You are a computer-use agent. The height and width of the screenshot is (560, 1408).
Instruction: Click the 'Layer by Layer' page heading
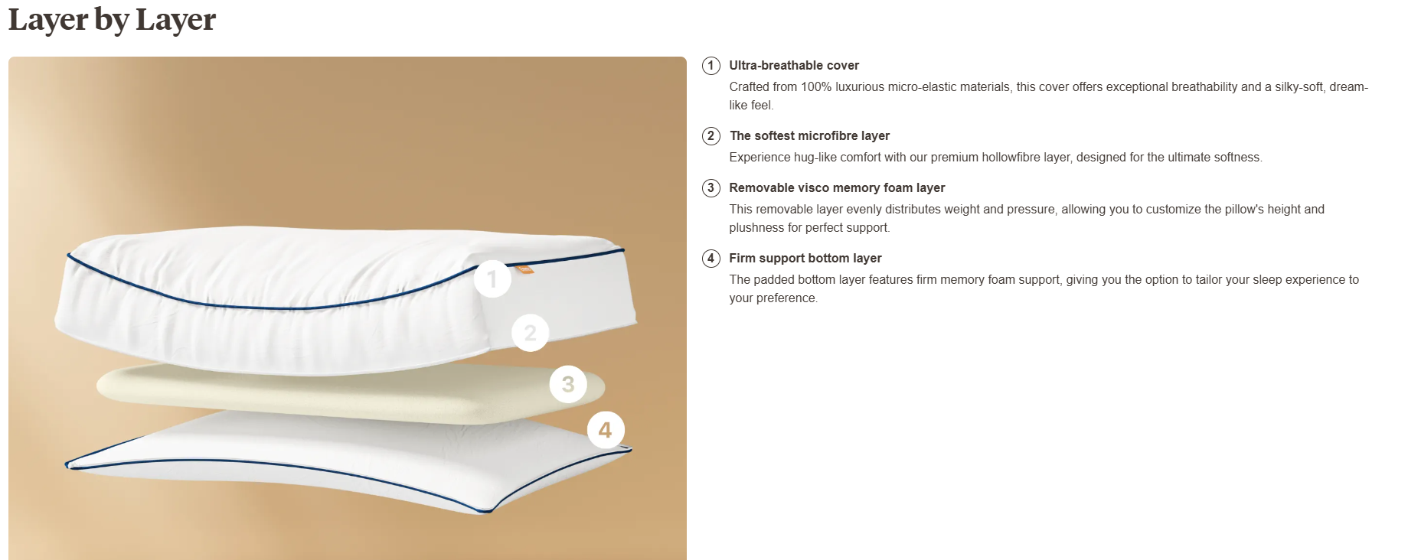112,20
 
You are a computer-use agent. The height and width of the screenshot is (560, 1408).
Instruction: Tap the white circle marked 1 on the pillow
492,279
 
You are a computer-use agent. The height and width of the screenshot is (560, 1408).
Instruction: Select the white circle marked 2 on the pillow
530,333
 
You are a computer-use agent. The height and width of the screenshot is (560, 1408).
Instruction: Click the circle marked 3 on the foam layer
568,384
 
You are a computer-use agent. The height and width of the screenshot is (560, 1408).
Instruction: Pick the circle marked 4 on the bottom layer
606,430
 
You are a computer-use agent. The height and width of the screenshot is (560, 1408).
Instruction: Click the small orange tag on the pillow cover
524,269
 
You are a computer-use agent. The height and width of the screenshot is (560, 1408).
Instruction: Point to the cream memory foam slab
337,392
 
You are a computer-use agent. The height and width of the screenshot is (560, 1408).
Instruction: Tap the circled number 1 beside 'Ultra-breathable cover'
711,66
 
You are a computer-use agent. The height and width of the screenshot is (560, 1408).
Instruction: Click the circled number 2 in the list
711,136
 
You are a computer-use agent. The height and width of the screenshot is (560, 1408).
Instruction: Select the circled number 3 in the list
711,188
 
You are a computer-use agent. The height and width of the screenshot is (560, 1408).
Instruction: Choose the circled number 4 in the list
711,259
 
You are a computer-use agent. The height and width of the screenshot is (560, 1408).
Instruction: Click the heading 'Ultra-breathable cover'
794,66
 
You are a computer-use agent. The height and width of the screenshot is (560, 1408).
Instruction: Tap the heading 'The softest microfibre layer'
809,136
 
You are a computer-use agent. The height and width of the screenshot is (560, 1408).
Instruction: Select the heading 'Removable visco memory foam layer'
837,188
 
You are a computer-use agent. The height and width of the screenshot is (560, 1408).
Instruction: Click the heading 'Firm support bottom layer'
805,259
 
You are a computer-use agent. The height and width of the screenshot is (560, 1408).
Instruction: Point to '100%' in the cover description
816,87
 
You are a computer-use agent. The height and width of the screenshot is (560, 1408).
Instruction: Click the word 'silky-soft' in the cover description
1299,87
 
